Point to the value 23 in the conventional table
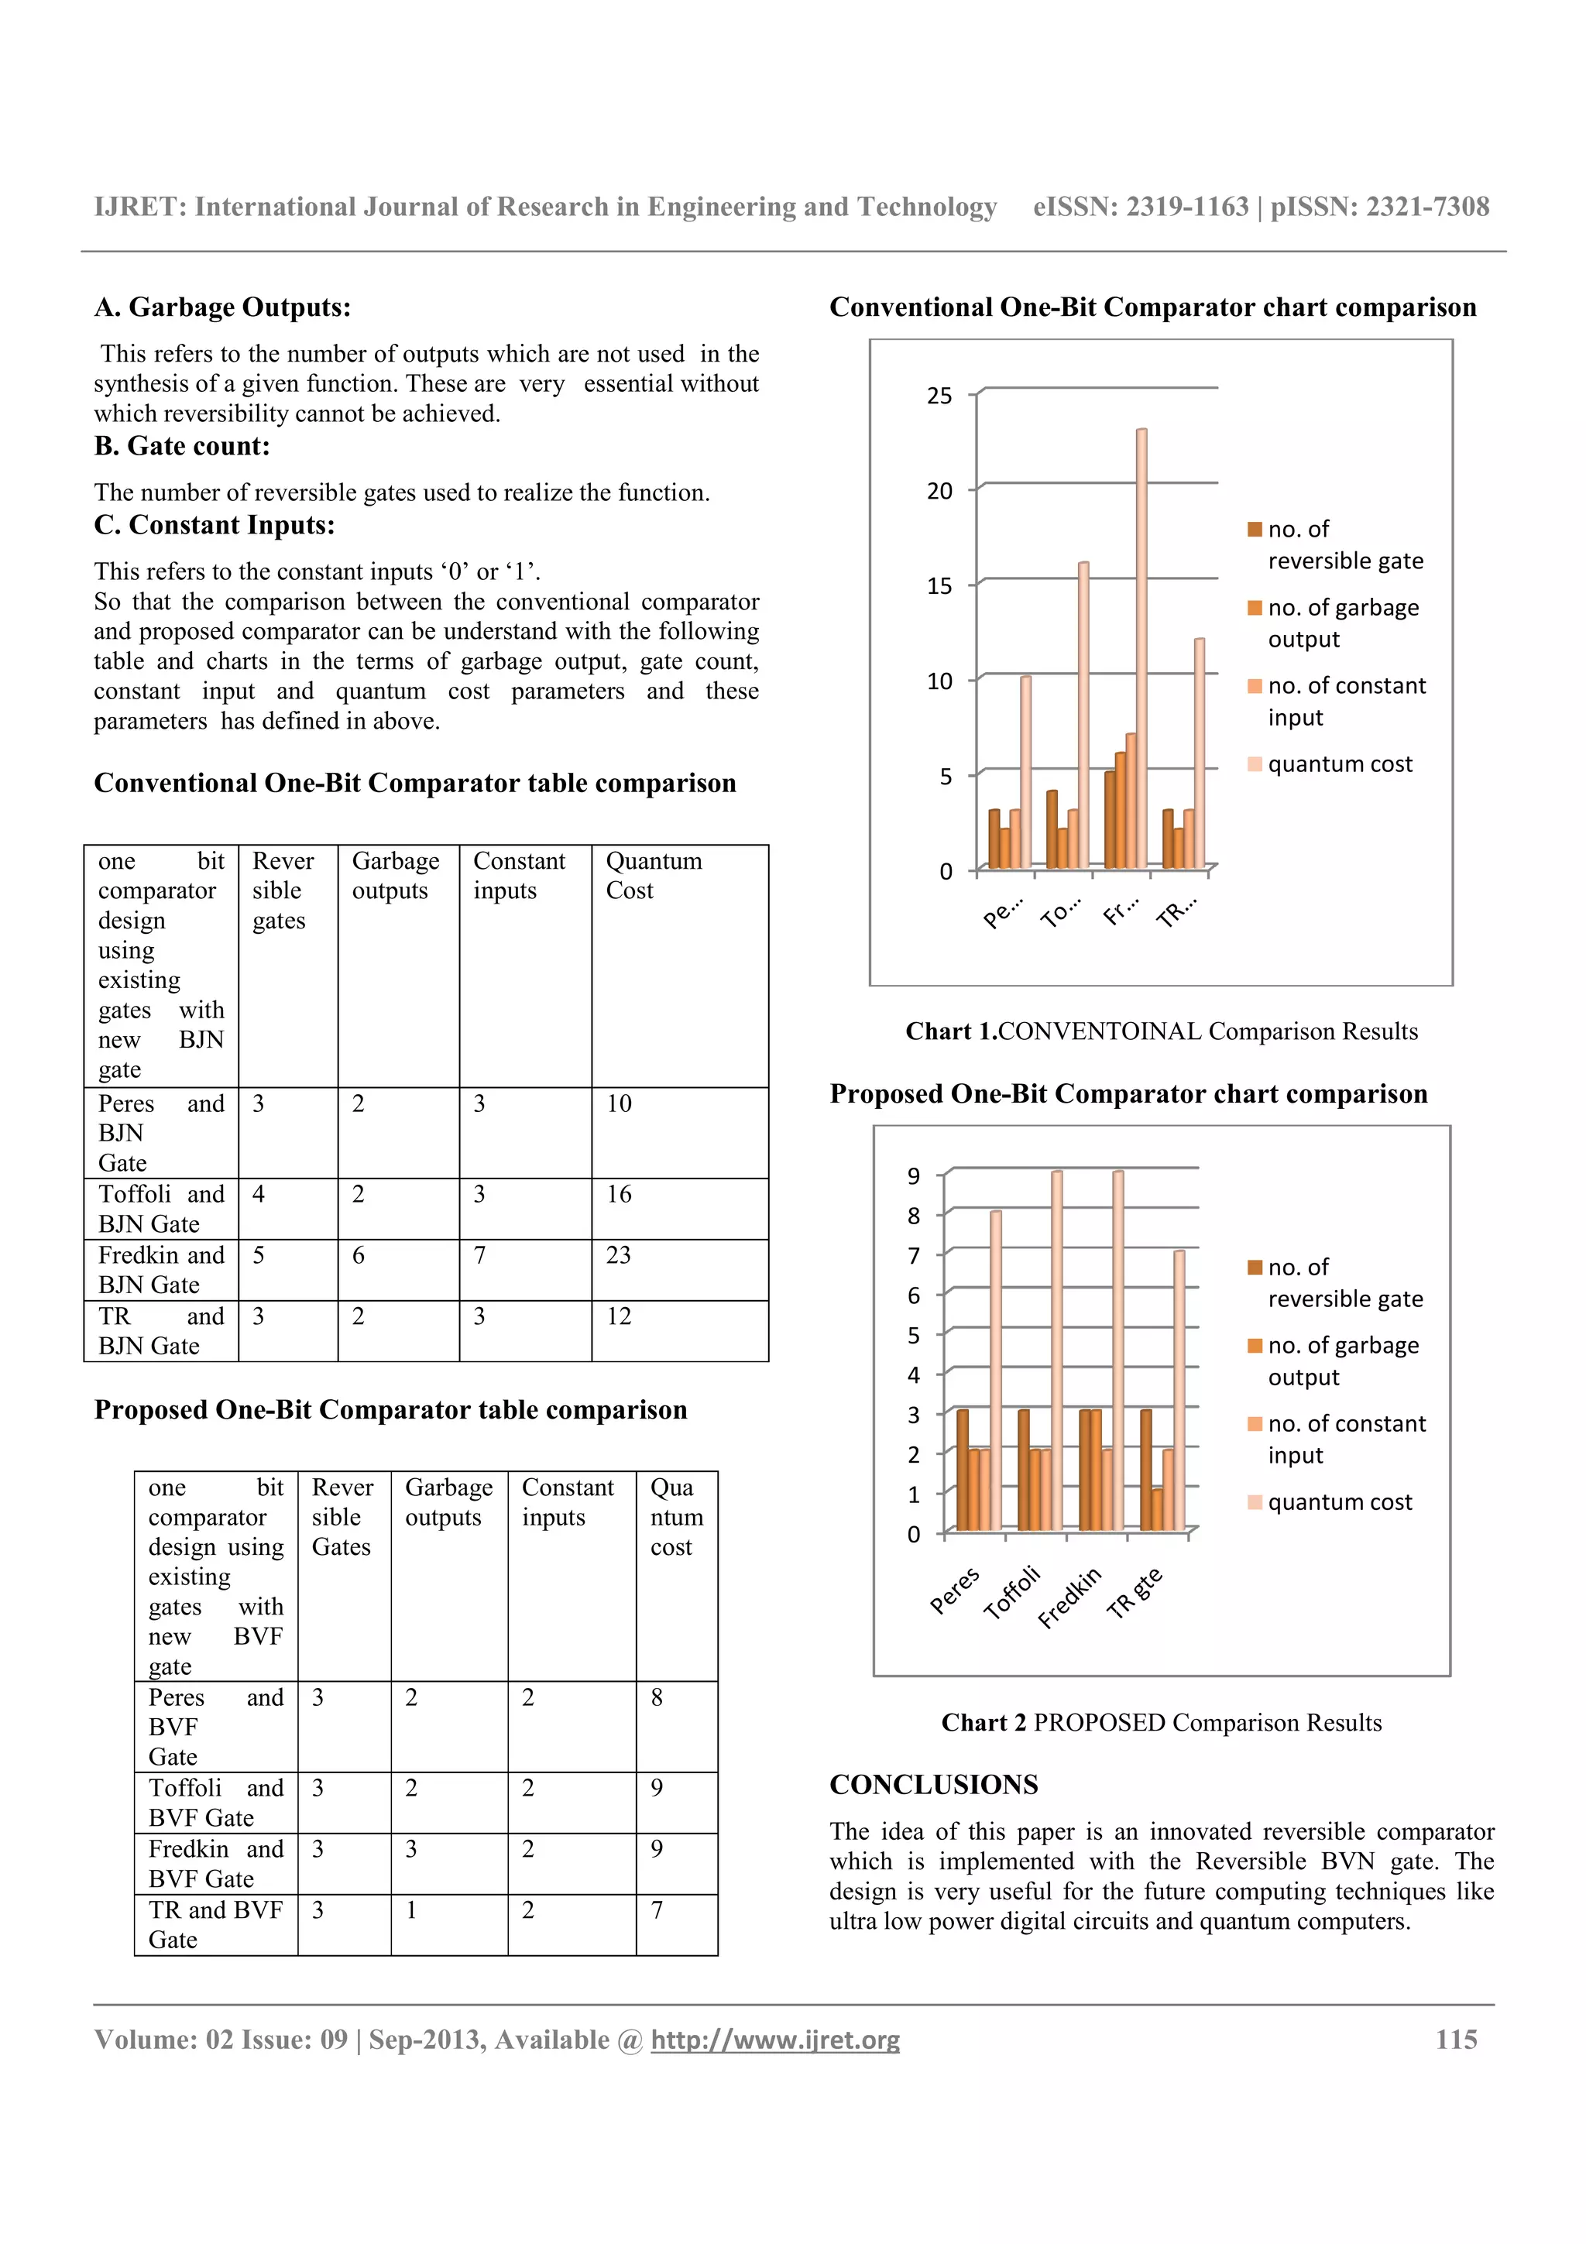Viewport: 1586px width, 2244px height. [619, 1255]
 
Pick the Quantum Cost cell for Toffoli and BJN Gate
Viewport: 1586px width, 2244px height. [619, 1194]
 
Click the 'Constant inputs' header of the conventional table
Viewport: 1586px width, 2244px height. [519, 876]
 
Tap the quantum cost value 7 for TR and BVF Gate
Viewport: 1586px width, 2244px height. [657, 1909]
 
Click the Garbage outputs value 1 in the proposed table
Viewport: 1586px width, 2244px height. [411, 1909]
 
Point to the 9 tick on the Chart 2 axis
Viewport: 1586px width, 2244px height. [913, 1175]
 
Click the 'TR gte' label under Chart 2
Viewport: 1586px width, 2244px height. [1135, 1592]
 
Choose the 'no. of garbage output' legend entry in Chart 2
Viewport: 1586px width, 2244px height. [1342, 1360]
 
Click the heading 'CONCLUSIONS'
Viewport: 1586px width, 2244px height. [933, 1785]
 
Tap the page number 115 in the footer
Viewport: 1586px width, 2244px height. [1455, 2040]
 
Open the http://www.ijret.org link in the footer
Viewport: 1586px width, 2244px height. [775, 2040]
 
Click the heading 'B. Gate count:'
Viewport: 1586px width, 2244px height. [182, 447]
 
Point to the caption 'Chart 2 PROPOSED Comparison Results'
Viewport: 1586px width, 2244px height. [1161, 1723]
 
